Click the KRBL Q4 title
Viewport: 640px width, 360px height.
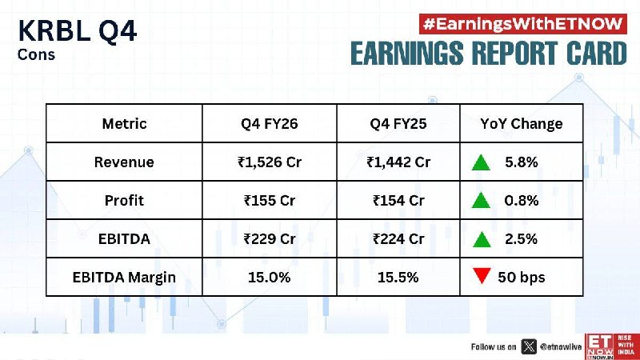77,31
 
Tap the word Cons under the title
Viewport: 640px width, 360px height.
36,54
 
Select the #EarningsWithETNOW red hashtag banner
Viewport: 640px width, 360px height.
523,24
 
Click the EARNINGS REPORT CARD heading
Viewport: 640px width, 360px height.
489,53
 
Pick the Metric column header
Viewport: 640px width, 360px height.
124,124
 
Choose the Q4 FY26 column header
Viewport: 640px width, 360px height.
270,124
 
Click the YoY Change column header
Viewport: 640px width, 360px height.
522,124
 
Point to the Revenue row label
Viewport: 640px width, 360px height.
124,162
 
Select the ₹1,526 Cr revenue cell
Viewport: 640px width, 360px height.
270,162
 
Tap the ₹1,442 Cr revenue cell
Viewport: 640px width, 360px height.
398,162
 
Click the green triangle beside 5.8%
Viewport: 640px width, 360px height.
481,162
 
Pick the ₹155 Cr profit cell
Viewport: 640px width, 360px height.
270,201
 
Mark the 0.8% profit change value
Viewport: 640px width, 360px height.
522,201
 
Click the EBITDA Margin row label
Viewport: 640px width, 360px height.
124,278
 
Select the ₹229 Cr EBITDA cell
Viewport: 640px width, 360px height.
270,238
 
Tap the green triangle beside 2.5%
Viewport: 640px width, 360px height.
482,239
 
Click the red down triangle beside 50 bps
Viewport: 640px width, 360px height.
482,275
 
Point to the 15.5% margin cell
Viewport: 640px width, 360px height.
398,278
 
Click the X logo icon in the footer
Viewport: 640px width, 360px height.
529,347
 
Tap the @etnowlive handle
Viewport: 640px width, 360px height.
561,347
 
